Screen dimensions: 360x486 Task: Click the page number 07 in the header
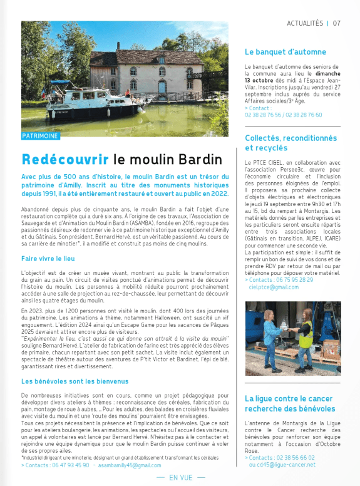click(x=337, y=23)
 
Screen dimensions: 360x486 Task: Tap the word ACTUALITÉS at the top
click(x=305, y=23)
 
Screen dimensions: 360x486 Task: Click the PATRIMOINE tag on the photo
click(x=41, y=135)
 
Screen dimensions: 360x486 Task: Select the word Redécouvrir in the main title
click(x=65, y=158)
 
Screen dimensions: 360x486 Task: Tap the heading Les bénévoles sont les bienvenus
click(x=75, y=381)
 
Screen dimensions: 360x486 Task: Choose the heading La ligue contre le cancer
click(x=290, y=398)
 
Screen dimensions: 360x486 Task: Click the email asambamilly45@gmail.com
click(x=128, y=465)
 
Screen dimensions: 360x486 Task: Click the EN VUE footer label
click(x=180, y=478)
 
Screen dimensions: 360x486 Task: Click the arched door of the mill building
click(x=162, y=86)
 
